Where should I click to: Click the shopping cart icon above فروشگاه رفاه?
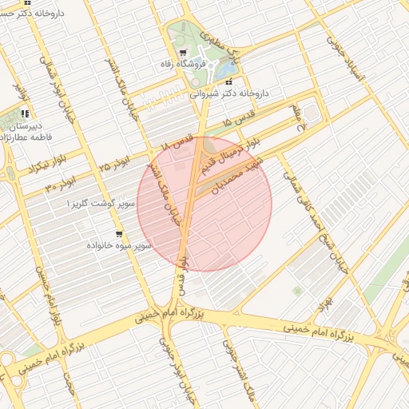click(185, 53)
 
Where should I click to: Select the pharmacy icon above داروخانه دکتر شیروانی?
click(230, 82)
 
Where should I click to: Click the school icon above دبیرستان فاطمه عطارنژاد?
click(26, 114)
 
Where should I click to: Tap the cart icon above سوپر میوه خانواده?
click(118, 234)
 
